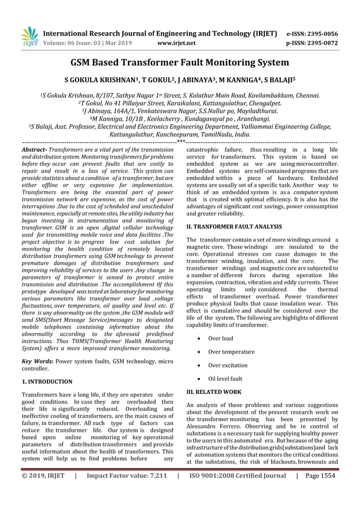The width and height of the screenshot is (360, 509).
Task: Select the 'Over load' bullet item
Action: click(220, 339)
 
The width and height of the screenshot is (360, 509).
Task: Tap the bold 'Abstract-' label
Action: click(34, 149)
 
